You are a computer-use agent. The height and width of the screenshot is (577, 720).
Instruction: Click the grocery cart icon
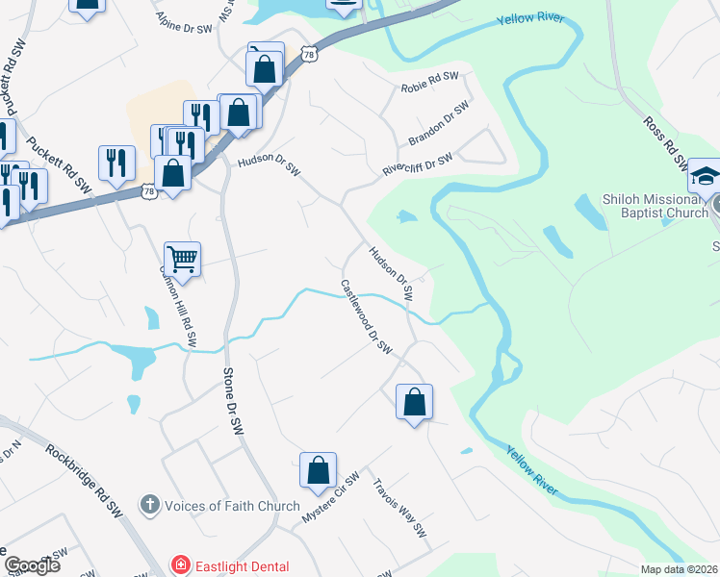tap(182, 258)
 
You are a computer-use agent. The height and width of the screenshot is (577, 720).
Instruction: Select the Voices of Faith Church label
tap(232, 506)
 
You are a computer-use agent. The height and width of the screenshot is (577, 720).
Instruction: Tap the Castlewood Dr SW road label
tap(368, 316)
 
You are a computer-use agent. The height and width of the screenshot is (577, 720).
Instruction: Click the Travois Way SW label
tap(399, 507)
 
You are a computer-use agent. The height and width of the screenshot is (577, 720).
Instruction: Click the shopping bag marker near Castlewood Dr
tap(414, 402)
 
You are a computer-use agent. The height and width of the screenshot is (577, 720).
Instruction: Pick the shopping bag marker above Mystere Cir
tap(318, 470)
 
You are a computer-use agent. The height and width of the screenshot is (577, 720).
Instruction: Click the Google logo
tap(32, 565)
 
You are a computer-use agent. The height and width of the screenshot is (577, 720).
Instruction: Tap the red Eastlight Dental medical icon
tap(178, 565)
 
